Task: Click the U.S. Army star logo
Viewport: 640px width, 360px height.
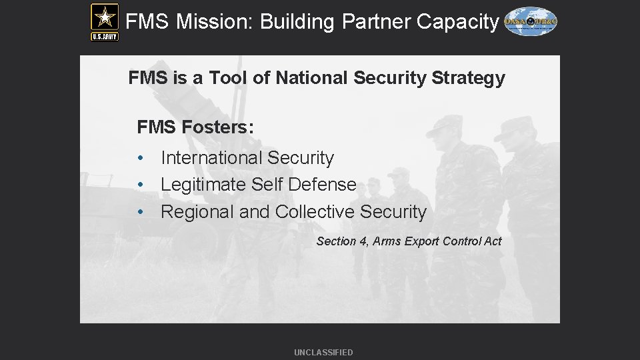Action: [105, 21]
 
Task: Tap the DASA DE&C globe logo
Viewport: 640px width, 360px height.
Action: [531, 22]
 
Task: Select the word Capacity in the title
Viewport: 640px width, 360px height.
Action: [457, 22]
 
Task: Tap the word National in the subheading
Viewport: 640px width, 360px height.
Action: [312, 79]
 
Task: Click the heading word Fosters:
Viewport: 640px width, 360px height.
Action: [218, 127]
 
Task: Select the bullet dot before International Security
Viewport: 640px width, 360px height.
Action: [141, 159]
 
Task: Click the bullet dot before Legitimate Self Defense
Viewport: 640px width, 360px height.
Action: [141, 185]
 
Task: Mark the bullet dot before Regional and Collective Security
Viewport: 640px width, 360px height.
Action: [141, 213]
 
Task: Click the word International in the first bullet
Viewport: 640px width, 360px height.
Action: [211, 158]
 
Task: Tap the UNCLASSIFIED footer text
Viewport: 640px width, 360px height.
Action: [323, 353]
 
